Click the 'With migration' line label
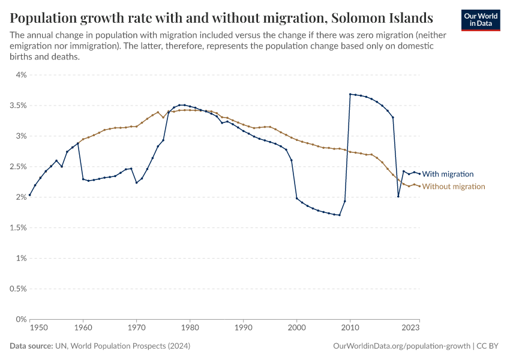(448, 174)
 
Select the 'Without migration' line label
(453, 187)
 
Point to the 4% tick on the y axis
(21, 75)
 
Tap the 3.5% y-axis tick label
(18, 106)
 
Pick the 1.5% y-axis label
(18, 228)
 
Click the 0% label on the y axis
(21, 319)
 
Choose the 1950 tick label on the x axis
(38, 328)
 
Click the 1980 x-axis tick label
(190, 328)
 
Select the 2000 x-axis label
(296, 328)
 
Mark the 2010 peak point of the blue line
(350, 94)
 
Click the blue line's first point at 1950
(30, 195)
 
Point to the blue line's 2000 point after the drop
(296, 198)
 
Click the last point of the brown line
(419, 186)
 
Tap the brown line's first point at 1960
(83, 139)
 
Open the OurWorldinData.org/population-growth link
(400, 346)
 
